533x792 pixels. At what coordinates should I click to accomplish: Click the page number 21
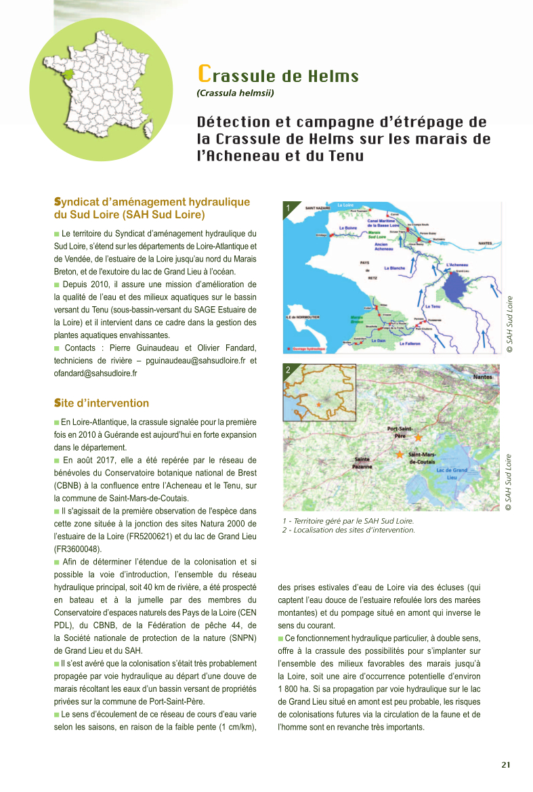(506, 765)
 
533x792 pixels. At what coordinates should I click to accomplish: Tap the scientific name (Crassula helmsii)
(235, 93)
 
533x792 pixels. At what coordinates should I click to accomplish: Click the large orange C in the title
(203, 73)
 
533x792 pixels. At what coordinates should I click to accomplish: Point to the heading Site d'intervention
(102, 403)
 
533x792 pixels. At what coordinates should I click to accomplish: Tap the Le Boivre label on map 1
(348, 228)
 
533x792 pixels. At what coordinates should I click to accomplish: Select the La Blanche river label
(394, 268)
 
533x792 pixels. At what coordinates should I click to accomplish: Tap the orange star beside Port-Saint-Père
(419, 438)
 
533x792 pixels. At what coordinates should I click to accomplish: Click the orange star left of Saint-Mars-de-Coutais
(400, 454)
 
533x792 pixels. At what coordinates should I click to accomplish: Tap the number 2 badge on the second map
(289, 370)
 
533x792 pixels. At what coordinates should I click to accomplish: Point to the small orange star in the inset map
(318, 404)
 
